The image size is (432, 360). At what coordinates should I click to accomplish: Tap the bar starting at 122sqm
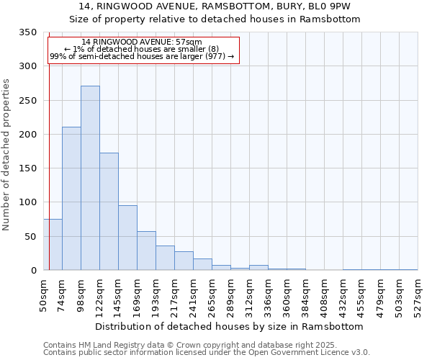click(x=109, y=212)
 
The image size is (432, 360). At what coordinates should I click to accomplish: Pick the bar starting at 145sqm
click(x=127, y=238)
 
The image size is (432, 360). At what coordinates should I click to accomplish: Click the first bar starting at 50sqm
click(x=53, y=245)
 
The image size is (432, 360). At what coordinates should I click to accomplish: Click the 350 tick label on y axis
click(x=27, y=32)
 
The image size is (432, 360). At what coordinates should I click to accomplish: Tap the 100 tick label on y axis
click(x=27, y=202)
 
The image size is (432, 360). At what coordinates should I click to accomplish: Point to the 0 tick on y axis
click(x=33, y=271)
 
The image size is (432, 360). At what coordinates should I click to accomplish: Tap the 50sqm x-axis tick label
click(x=43, y=292)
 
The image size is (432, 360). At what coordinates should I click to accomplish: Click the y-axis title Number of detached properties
click(x=6, y=155)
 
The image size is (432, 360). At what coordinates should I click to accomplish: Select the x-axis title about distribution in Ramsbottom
click(x=229, y=326)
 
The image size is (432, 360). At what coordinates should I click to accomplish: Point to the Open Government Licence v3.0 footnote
click(x=207, y=353)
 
